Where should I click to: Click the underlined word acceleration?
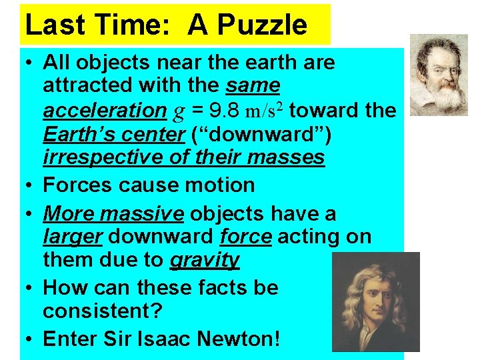(x=104, y=110)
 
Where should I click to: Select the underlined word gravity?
(x=204, y=259)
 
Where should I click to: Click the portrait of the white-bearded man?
(x=439, y=75)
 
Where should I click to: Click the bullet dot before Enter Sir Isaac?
(x=30, y=339)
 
